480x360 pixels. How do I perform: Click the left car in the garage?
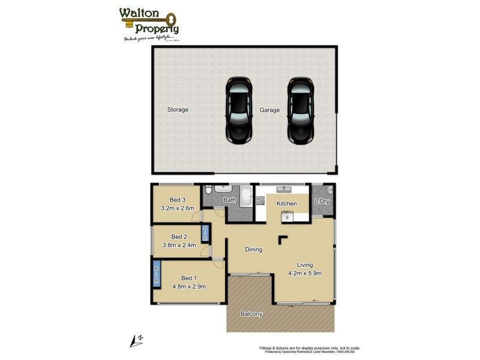[238, 110]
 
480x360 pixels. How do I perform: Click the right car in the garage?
[301, 110]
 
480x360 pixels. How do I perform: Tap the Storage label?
[178, 110]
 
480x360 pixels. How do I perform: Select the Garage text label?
[269, 110]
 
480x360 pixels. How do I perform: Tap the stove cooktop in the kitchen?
[287, 216]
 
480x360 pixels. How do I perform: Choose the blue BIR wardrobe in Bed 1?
[157, 274]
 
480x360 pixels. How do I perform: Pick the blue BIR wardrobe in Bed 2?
[205, 233]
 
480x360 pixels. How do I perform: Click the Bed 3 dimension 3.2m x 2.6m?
[178, 209]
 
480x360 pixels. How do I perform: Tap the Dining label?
[253, 250]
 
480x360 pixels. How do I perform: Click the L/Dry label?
[322, 201]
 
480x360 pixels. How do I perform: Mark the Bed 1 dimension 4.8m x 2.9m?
[189, 287]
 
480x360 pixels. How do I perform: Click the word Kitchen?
[287, 204]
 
